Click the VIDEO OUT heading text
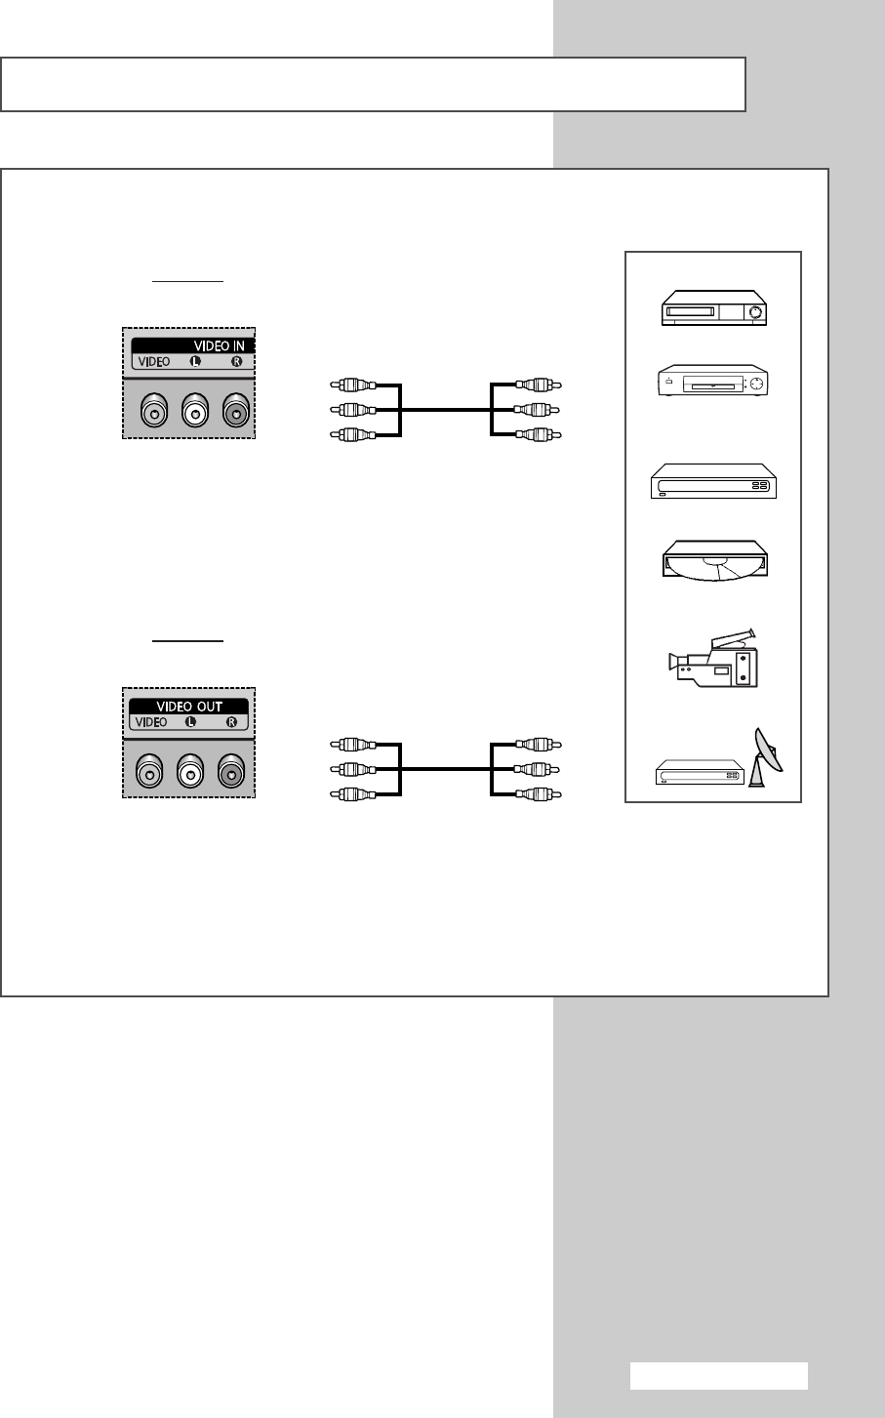tap(189, 707)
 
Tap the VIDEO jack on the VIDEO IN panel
tap(153, 412)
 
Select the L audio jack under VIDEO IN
tap(194, 412)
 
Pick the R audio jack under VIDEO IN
tap(234, 412)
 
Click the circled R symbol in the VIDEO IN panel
tap(235, 361)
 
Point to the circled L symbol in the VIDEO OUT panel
tap(189, 723)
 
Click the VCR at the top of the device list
tap(713, 306)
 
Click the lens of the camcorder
tap(673, 662)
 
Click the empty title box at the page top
tap(373, 84)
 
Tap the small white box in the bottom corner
tap(718, 1376)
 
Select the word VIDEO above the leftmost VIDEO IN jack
tap(153, 361)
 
